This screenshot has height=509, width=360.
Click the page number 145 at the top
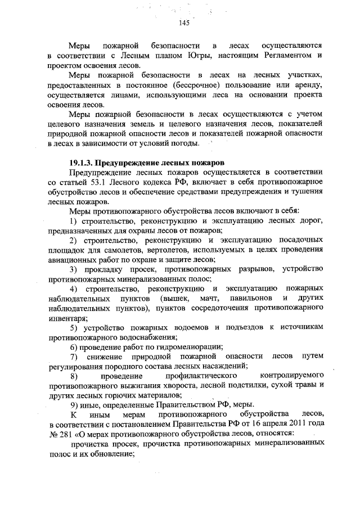click(183, 23)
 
